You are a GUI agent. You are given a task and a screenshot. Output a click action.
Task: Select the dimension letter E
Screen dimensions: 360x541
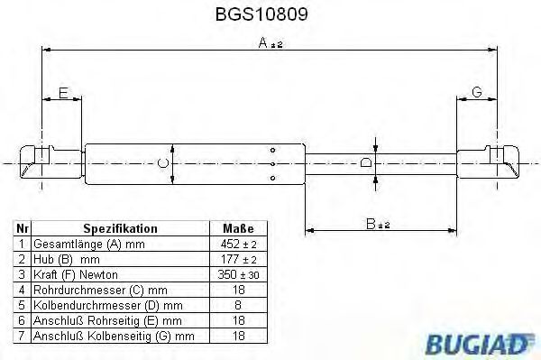[62, 94]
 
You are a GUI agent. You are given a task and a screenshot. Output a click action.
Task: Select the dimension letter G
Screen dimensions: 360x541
[477, 94]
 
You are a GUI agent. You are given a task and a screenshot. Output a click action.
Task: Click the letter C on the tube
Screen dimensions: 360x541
[162, 163]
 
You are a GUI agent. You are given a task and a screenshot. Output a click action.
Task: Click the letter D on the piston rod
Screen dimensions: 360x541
[365, 163]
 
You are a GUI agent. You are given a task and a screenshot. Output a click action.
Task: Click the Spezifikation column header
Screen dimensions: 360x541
[120, 229]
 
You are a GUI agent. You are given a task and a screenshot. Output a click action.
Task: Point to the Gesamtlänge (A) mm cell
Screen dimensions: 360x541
[88, 245]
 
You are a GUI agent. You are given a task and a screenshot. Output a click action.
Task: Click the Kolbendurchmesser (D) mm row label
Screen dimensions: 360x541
[107, 305]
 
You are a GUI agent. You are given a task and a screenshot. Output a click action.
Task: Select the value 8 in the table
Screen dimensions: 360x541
[238, 305]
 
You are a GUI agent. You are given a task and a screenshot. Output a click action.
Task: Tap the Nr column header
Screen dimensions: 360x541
[22, 229]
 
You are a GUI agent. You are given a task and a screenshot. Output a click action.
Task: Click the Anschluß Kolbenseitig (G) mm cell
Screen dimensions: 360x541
[114, 336]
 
